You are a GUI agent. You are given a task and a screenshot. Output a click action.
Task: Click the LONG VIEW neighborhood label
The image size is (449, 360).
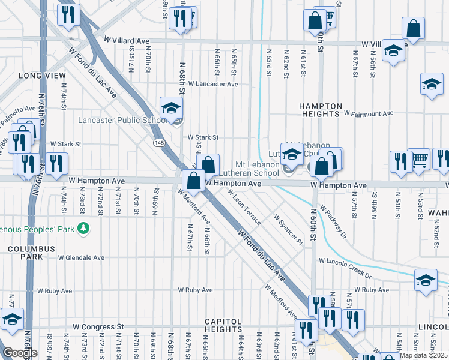click(x=42, y=76)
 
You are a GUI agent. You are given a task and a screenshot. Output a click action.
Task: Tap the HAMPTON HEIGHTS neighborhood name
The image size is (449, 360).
click(x=321, y=110)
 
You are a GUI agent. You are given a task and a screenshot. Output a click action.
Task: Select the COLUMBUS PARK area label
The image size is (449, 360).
click(x=31, y=253)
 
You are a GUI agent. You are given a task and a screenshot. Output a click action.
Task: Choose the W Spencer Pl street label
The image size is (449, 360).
click(x=288, y=230)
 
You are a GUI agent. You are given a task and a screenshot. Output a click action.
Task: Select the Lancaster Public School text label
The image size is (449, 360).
click(x=122, y=120)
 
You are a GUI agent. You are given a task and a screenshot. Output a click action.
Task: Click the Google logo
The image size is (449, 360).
click(x=20, y=353)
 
